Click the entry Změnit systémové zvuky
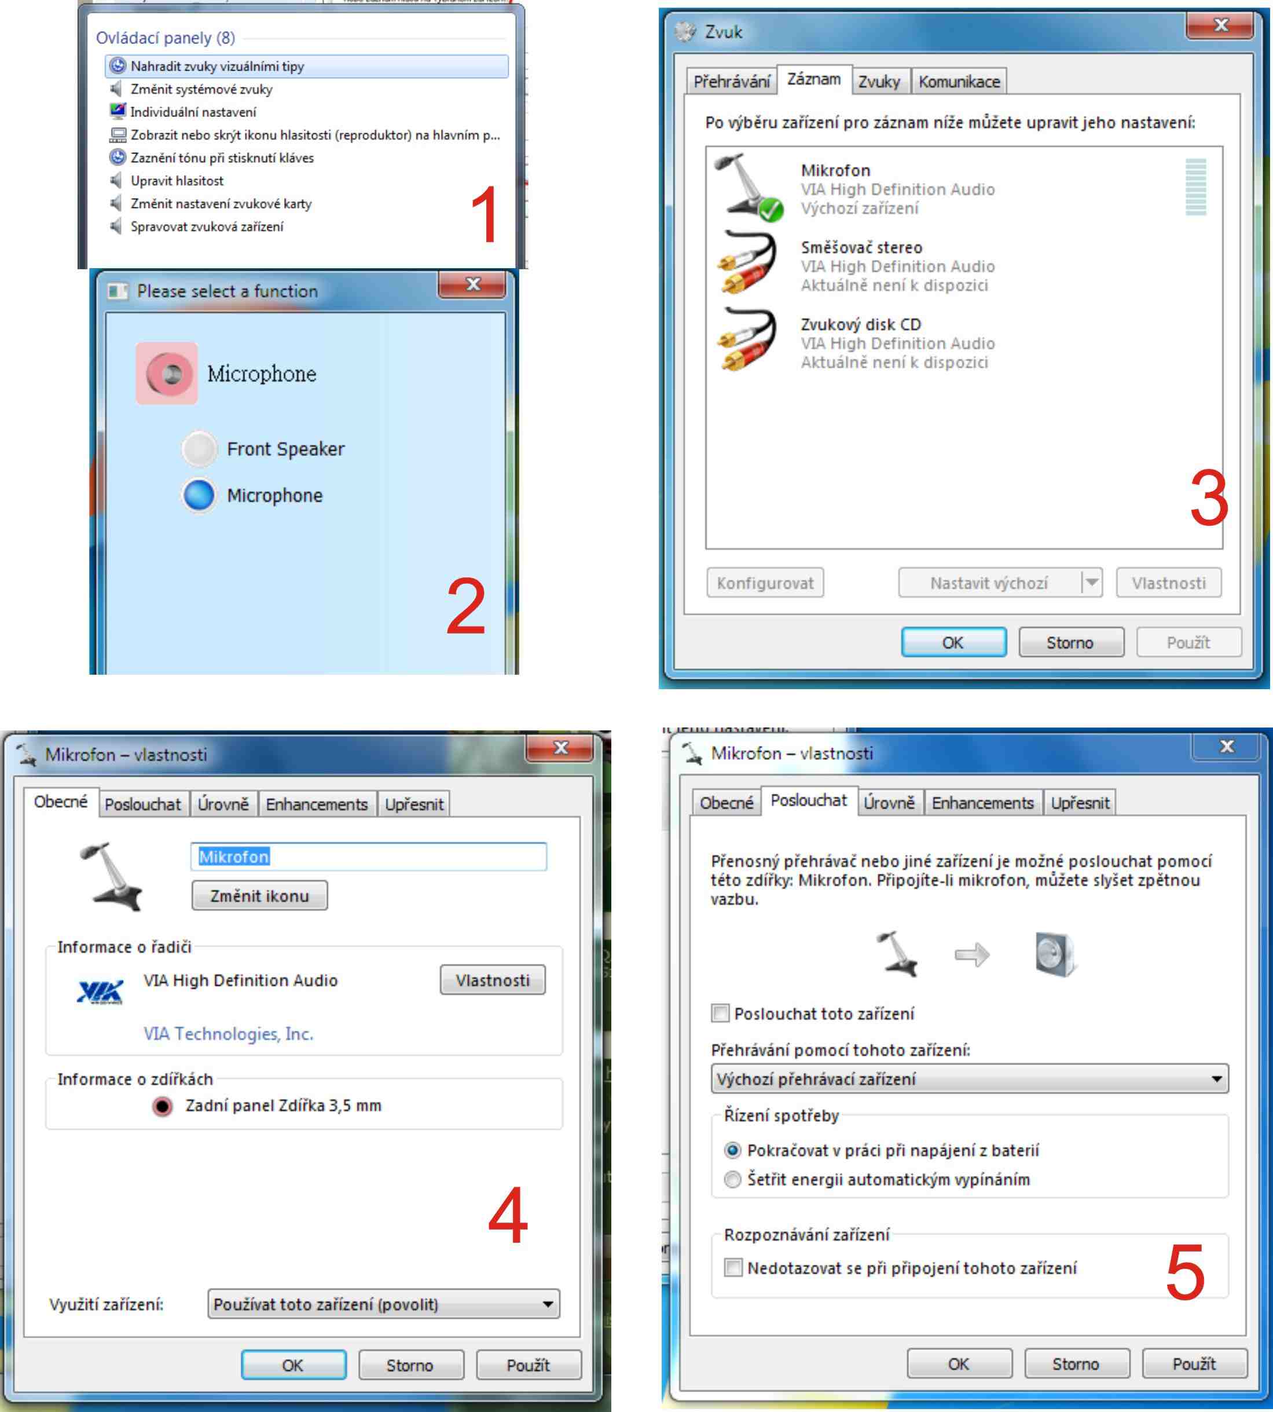pos(201,89)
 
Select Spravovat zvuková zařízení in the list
pos(207,226)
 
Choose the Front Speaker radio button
pos(199,448)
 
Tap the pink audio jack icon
pos(167,373)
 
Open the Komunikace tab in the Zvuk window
pos(959,82)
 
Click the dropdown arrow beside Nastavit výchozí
pos(1091,582)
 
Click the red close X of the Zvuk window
pos(1220,26)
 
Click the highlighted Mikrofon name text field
pos(369,857)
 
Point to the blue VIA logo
pos(100,992)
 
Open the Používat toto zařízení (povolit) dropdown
pos(383,1304)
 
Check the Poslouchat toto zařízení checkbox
pos(720,1013)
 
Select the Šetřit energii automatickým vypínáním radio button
pos(732,1180)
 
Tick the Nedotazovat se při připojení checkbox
pos(733,1268)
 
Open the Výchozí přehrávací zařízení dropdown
pos(970,1079)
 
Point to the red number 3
pos(1209,498)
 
